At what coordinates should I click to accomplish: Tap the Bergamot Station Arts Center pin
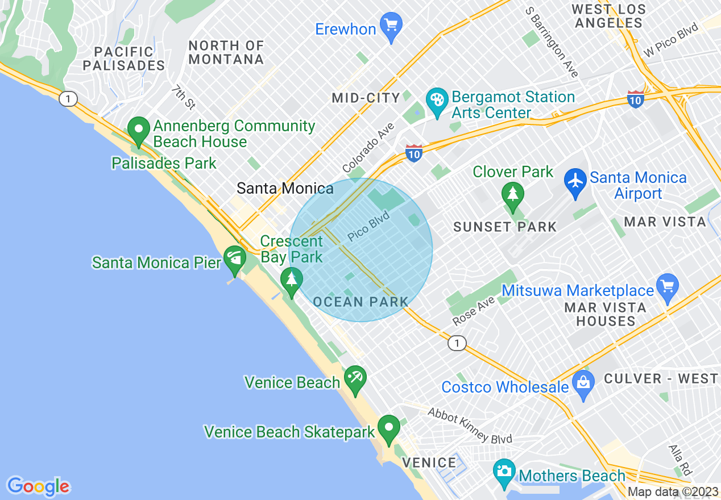[x=437, y=102]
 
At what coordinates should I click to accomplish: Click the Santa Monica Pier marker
[x=234, y=260]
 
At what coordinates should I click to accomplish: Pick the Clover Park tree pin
[x=513, y=194]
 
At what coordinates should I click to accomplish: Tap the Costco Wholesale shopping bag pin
[x=583, y=384]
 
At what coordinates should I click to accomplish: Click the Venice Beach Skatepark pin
[x=389, y=429]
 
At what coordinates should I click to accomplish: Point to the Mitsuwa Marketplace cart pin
[x=667, y=286]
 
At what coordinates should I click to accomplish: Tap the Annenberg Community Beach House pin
[x=138, y=130]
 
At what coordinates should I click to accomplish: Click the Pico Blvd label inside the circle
[x=368, y=226]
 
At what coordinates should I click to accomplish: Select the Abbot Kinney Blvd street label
[x=470, y=426]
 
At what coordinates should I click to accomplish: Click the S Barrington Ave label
[x=551, y=42]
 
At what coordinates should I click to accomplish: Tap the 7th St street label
[x=183, y=97]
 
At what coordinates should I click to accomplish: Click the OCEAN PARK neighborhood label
[x=361, y=302]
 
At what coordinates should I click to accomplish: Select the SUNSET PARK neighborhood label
[x=505, y=227]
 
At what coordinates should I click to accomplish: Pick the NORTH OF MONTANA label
[x=226, y=52]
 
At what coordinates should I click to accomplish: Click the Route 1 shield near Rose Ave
[x=456, y=343]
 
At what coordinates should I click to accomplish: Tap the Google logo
[x=39, y=486]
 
